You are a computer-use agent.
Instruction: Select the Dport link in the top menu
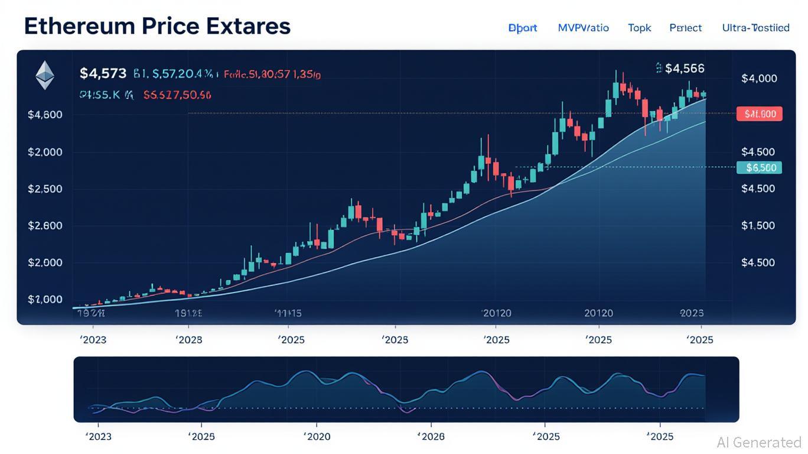pyautogui.click(x=523, y=28)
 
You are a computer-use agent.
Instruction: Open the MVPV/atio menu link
pyautogui.click(x=583, y=28)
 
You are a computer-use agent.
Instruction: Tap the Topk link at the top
pyautogui.click(x=639, y=28)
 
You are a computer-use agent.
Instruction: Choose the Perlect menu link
pyautogui.click(x=685, y=28)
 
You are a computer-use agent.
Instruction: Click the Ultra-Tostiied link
pyautogui.click(x=755, y=28)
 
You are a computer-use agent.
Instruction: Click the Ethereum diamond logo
pyautogui.click(x=45, y=76)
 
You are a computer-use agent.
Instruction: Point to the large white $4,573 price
pyautogui.click(x=103, y=73)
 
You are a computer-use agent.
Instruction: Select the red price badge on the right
pyautogui.click(x=760, y=114)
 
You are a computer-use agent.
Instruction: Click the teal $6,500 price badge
pyautogui.click(x=760, y=168)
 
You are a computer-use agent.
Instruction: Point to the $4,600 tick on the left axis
pyautogui.click(x=45, y=115)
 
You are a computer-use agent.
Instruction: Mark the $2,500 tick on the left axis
pyautogui.click(x=45, y=189)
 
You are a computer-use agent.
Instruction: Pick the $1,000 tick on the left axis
pyautogui.click(x=45, y=300)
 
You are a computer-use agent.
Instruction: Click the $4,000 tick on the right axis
pyautogui.click(x=759, y=79)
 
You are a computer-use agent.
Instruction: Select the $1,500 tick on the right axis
pyautogui.click(x=758, y=225)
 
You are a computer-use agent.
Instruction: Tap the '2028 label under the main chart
pyautogui.click(x=189, y=340)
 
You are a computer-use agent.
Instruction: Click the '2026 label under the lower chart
pyautogui.click(x=431, y=437)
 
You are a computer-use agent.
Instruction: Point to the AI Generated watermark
pyautogui.click(x=759, y=442)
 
